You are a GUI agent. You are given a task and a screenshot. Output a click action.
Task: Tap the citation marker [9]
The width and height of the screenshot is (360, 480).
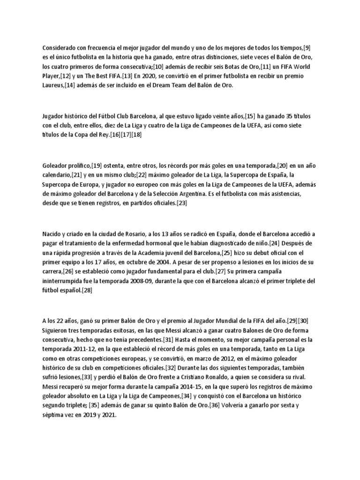click(x=307, y=47)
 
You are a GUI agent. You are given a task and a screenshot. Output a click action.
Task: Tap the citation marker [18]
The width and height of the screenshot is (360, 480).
click(x=136, y=135)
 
